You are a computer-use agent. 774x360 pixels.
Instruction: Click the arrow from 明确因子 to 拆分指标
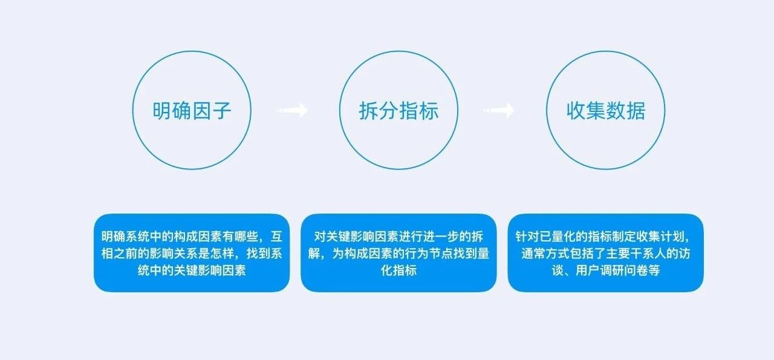click(x=292, y=110)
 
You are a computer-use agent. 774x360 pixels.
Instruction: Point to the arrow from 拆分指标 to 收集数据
click(x=499, y=110)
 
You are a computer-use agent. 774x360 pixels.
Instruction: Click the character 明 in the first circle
click(x=163, y=111)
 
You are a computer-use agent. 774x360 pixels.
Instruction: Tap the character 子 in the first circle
click(x=222, y=111)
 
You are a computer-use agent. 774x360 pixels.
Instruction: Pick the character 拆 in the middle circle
click(x=369, y=111)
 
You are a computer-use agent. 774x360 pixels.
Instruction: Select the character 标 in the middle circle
click(x=429, y=111)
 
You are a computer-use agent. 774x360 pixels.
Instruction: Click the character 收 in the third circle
click(x=576, y=111)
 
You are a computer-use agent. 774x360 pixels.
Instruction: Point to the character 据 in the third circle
click(x=636, y=111)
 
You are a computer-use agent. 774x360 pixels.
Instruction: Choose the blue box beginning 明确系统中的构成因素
click(x=192, y=253)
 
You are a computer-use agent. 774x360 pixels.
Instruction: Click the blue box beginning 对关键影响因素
click(x=398, y=253)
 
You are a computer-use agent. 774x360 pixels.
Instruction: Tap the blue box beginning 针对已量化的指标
click(x=606, y=253)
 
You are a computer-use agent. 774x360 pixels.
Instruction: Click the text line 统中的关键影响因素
click(x=192, y=270)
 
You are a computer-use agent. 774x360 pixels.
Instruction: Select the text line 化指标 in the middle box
click(x=398, y=270)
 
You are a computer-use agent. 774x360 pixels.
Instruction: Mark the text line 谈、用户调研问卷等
click(x=606, y=270)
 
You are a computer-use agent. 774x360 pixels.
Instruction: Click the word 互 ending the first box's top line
click(x=276, y=237)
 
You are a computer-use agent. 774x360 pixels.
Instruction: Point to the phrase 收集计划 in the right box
click(x=660, y=237)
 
